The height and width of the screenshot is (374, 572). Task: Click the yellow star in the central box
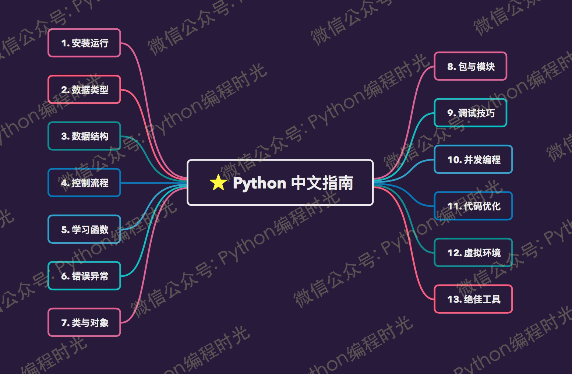pyautogui.click(x=218, y=182)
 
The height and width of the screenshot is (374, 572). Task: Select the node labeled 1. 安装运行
pyautogui.click(x=84, y=43)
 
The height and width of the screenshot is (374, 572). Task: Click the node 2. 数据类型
pyautogui.click(x=84, y=89)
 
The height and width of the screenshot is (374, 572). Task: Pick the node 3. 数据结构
pyautogui.click(x=84, y=136)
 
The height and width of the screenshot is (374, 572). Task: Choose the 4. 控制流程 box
pyautogui.click(x=84, y=183)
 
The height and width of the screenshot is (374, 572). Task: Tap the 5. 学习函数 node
pyautogui.click(x=84, y=229)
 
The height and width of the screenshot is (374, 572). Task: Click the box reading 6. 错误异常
pyautogui.click(x=84, y=276)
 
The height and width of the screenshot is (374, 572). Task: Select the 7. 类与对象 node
pyautogui.click(x=84, y=322)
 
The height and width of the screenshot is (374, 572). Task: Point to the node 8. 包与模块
pyautogui.click(x=470, y=66)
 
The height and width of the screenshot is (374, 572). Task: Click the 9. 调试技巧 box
pyautogui.click(x=470, y=113)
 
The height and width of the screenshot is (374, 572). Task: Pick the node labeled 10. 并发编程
pyautogui.click(x=473, y=159)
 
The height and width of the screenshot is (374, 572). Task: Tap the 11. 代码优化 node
pyautogui.click(x=473, y=206)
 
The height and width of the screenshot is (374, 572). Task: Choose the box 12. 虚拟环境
pyautogui.click(x=473, y=253)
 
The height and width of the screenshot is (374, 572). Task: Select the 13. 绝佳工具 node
pyautogui.click(x=473, y=299)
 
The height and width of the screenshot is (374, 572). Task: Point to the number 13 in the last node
pyautogui.click(x=454, y=299)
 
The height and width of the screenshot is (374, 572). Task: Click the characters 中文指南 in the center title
pyautogui.click(x=322, y=183)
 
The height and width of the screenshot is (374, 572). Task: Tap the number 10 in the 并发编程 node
pyautogui.click(x=454, y=160)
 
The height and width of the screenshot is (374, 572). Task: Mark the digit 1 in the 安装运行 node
pyautogui.click(x=64, y=43)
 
